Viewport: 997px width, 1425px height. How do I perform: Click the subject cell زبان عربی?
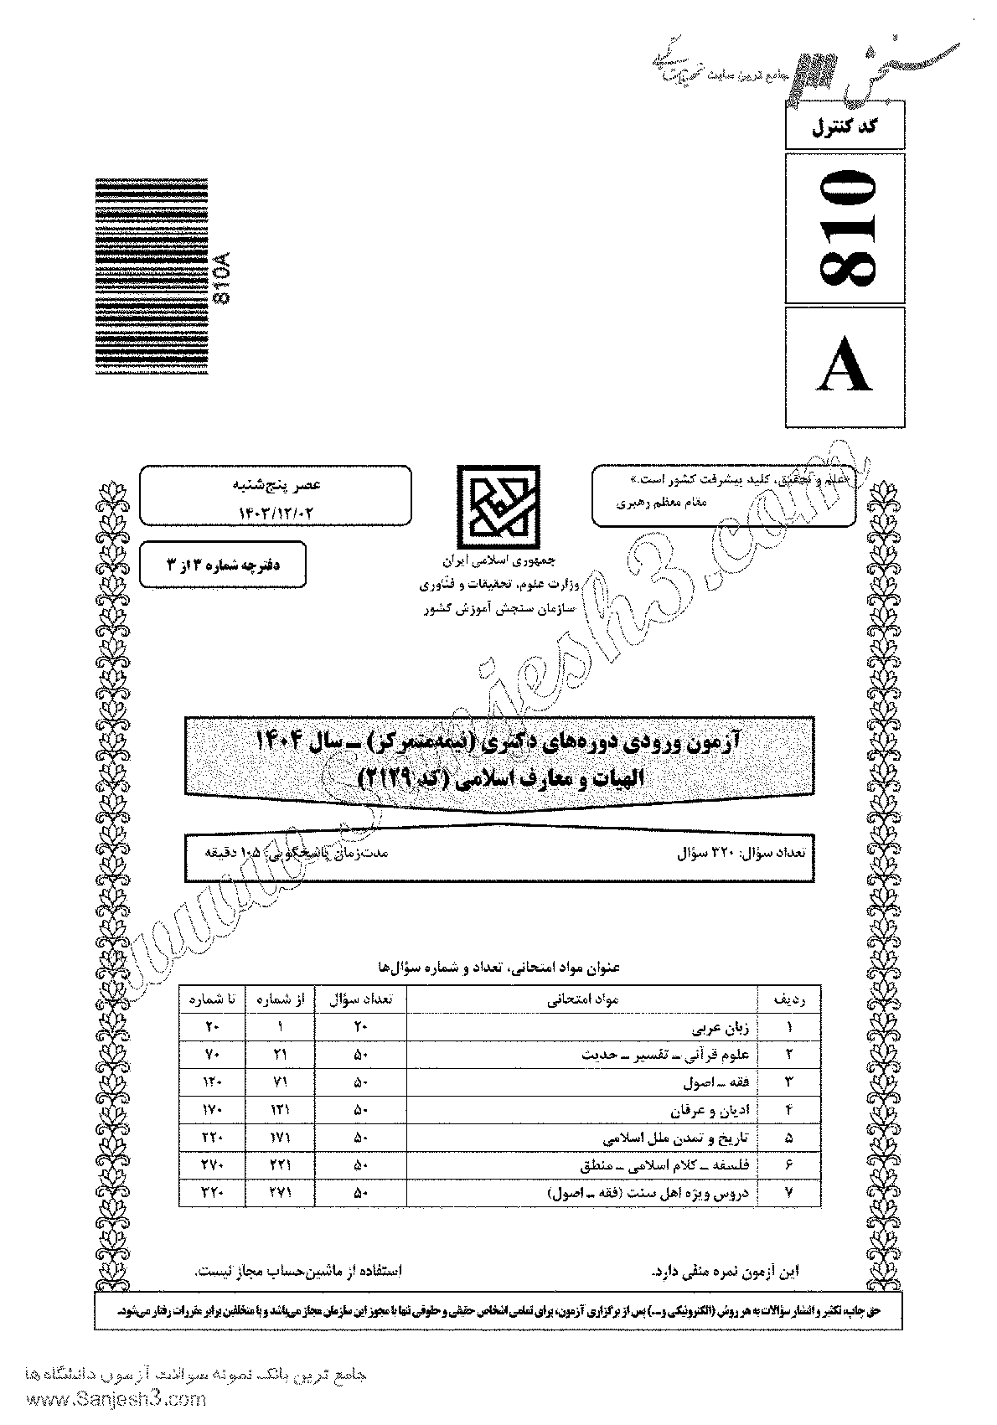pyautogui.click(x=713, y=1026)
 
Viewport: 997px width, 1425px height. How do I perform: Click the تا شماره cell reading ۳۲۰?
pyautogui.click(x=212, y=1193)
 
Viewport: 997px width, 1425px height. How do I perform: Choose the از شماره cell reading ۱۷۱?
pyautogui.click(x=279, y=1138)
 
